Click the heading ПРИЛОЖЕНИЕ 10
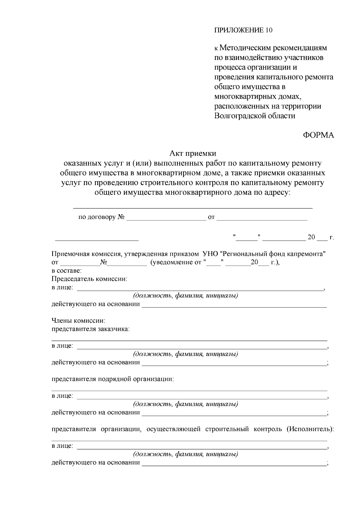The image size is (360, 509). (243, 30)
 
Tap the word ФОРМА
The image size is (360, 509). (318, 135)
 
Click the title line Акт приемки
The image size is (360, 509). (193, 154)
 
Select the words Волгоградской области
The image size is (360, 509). (255, 116)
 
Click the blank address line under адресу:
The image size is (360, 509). (193, 207)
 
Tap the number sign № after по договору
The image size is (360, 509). (121, 217)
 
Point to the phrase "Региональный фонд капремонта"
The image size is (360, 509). (273, 254)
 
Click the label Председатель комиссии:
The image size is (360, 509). (89, 279)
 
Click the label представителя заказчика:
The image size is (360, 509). (91, 329)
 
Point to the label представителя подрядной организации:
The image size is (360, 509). (113, 379)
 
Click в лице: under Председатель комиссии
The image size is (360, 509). (62, 287)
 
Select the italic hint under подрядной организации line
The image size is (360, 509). (185, 404)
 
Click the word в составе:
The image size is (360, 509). (66, 271)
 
